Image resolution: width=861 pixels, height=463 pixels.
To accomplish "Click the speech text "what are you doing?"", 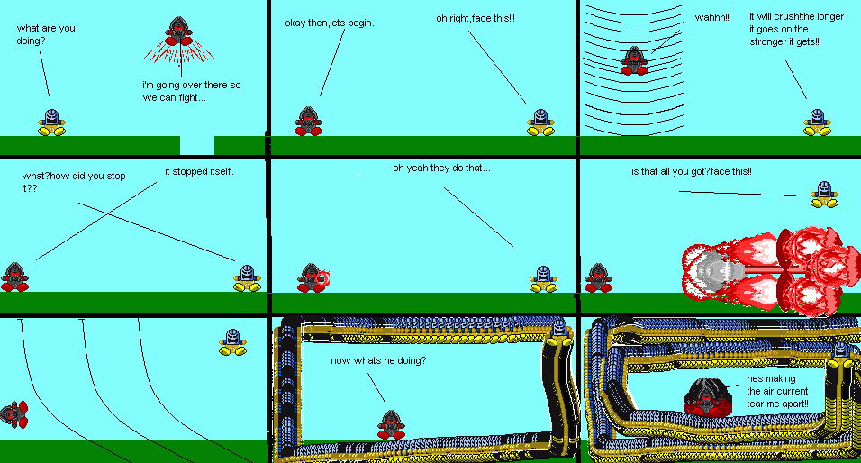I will (46, 34).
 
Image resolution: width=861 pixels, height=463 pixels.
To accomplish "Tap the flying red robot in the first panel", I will (178, 33).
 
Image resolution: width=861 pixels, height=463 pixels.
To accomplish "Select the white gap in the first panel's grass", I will (196, 145).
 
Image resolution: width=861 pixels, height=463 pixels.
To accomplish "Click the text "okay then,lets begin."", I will (329, 22).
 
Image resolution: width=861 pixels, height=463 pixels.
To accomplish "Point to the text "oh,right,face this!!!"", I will (476, 18).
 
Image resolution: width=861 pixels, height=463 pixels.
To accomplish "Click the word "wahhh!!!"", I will (712, 17).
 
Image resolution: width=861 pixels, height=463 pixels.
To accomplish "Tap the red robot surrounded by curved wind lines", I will (634, 62).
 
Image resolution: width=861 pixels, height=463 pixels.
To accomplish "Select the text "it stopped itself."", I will (199, 171).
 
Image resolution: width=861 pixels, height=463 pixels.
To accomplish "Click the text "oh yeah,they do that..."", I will (441, 168).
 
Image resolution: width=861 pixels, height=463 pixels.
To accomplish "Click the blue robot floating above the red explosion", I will (821, 193).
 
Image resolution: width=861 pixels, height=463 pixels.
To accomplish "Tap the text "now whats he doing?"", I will (378, 360).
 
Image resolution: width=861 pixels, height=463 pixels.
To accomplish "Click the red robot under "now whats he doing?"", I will (389, 424).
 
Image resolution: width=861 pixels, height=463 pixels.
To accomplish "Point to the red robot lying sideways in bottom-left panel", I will (13, 413).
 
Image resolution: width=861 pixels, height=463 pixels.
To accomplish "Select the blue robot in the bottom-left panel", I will (232, 342).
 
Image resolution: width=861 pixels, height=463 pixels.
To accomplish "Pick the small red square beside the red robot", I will (323, 280).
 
